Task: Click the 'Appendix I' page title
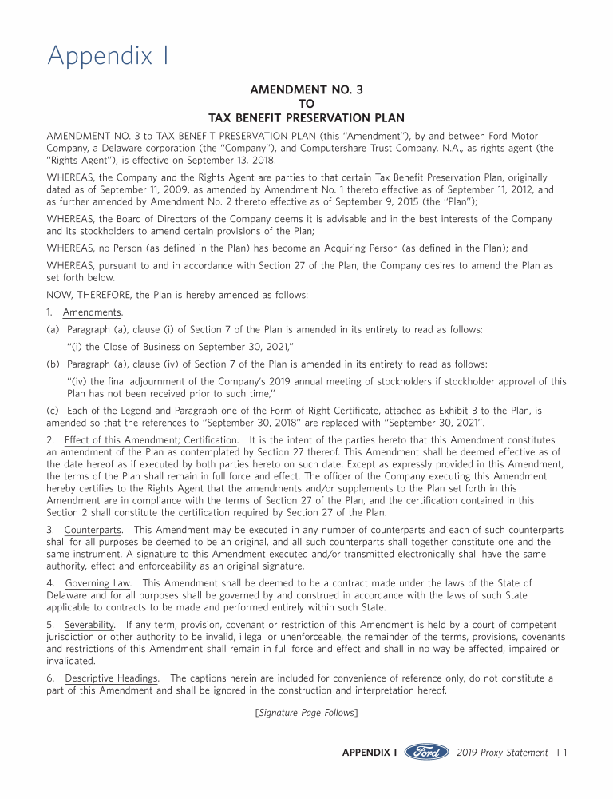tap(109, 56)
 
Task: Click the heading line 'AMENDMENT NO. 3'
tap(306, 90)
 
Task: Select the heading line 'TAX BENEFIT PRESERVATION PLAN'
tap(306, 117)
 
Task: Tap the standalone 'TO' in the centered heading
tap(306, 104)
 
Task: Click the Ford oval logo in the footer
tap(427, 752)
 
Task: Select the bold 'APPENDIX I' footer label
tap(370, 752)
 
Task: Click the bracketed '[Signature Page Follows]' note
tap(306, 712)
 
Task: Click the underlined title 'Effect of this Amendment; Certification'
tap(151, 440)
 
